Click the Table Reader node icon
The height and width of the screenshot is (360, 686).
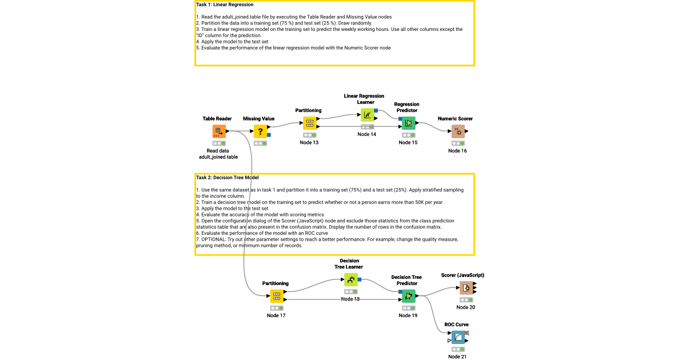pyautogui.click(x=217, y=131)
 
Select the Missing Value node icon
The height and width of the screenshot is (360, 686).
pyautogui.click(x=261, y=131)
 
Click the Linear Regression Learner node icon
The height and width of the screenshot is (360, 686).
pyautogui.click(x=367, y=114)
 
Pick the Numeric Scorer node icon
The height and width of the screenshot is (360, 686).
pyautogui.click(x=458, y=131)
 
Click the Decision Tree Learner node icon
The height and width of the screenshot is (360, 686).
pyautogui.click(x=350, y=279)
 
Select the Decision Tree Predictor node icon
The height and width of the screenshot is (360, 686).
pyautogui.click(x=408, y=295)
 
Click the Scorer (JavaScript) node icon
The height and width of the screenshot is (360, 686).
pyautogui.click(x=466, y=288)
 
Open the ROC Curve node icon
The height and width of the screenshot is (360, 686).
pyautogui.click(x=457, y=337)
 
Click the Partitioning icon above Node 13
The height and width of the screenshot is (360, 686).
pyautogui.click(x=309, y=123)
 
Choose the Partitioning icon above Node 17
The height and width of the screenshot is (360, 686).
pyautogui.click(x=277, y=296)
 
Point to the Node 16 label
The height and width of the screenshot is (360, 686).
pyautogui.click(x=457, y=151)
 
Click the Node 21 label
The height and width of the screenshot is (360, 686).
pyautogui.click(x=457, y=357)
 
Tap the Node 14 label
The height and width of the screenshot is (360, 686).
pyautogui.click(x=367, y=134)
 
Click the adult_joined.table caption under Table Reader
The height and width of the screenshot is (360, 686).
pyautogui.click(x=218, y=157)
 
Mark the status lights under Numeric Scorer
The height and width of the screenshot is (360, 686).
pyautogui.click(x=458, y=143)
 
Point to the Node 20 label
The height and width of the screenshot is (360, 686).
pyautogui.click(x=465, y=307)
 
